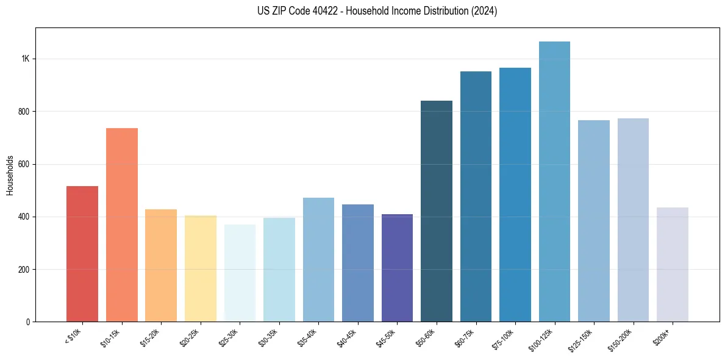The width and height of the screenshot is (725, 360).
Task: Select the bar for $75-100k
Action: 515,195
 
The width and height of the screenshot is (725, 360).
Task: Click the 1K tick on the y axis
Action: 25,59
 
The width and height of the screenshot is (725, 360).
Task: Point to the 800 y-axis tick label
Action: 23,112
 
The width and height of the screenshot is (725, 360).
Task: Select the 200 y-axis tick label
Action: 23,270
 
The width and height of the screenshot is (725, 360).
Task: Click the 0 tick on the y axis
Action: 27,322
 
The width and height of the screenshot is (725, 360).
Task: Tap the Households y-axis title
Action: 10,175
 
